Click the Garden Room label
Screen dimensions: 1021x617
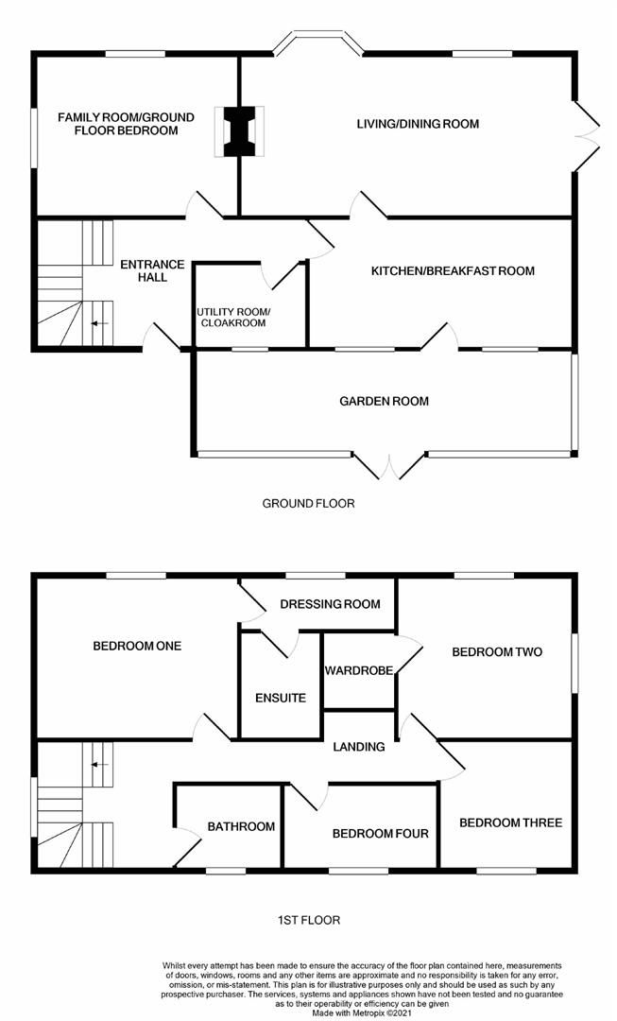coord(384,401)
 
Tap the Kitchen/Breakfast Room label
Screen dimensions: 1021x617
coord(453,271)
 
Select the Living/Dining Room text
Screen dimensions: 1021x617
coord(418,124)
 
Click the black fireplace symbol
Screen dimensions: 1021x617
coord(240,131)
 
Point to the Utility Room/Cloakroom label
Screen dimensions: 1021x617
coord(232,318)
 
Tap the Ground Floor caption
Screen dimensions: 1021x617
coord(308,504)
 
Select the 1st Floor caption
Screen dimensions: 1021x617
coord(308,919)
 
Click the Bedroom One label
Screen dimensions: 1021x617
coord(137,647)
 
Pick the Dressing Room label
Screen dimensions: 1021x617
coord(331,604)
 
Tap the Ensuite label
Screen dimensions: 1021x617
coord(281,699)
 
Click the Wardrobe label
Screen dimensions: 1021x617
coord(358,671)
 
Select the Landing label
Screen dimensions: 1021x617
coord(359,747)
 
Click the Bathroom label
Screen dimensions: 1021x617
coord(242,826)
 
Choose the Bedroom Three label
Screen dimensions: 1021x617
coord(510,822)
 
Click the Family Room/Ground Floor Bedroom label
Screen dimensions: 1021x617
coord(126,124)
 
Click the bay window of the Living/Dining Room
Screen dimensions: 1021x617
coord(317,43)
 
